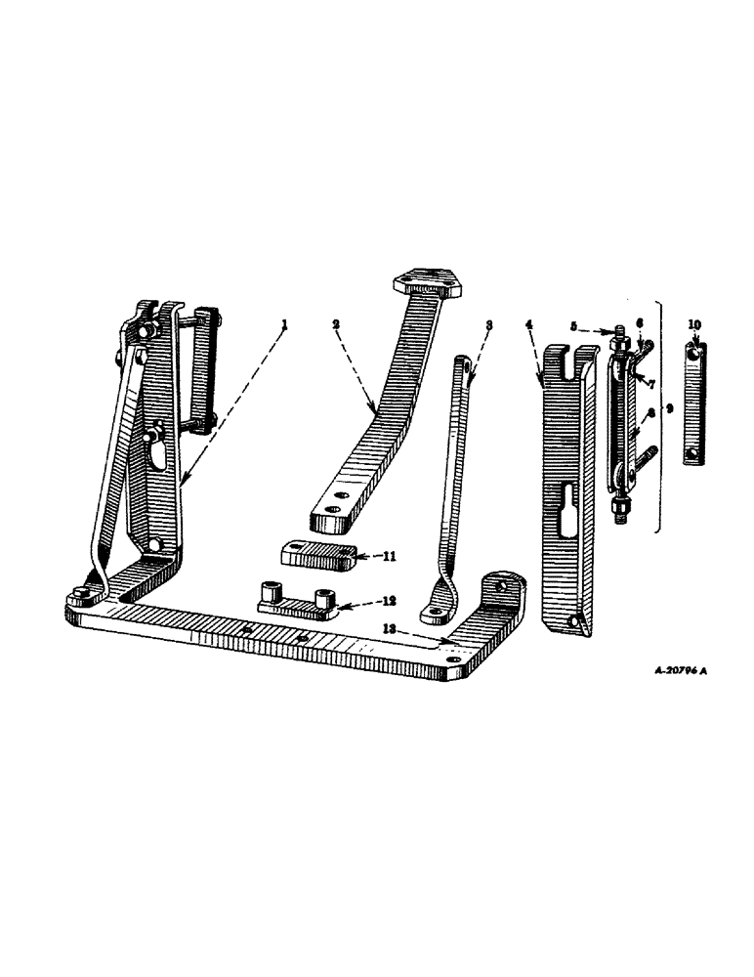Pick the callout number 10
pyautogui.click(x=694, y=324)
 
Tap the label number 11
pyautogui.click(x=363, y=556)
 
